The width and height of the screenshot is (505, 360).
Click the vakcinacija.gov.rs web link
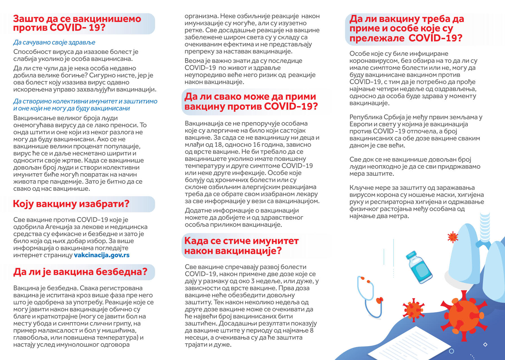click(x=102, y=255)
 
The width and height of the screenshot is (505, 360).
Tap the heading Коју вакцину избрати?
click(x=71, y=204)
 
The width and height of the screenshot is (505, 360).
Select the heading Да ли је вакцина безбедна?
click(x=80, y=272)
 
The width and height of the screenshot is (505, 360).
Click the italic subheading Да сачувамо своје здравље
click(x=54, y=43)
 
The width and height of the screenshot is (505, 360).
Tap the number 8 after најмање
click(x=312, y=330)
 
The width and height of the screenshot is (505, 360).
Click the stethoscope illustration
click(x=370, y=296)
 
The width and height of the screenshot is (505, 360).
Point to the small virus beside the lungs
click(x=453, y=237)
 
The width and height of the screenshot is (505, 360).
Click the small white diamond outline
click(x=485, y=344)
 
